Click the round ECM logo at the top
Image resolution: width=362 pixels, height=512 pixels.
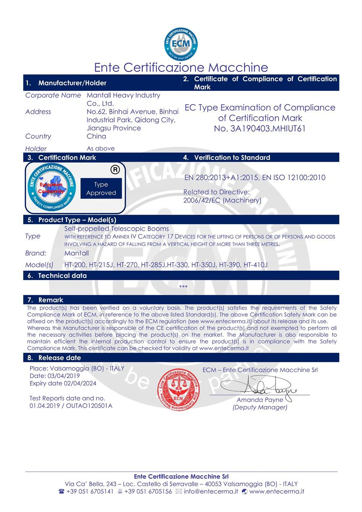pyautogui.click(x=181, y=44)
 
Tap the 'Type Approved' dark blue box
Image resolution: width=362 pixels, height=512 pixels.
pyautogui.click(x=101, y=189)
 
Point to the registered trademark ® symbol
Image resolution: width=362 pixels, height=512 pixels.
pyautogui.click(x=115, y=170)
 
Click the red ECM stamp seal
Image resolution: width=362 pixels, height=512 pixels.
pyautogui.click(x=178, y=390)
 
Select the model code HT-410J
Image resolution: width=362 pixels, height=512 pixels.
pyautogui.click(x=256, y=265)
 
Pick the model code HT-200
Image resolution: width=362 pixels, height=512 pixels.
pyautogui.click(x=75, y=265)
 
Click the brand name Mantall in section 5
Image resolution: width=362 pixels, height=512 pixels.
pyautogui.click(x=77, y=253)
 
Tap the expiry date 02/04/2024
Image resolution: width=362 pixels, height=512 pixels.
pyautogui.click(x=80, y=384)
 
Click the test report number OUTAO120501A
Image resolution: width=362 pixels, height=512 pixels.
pyautogui.click(x=89, y=406)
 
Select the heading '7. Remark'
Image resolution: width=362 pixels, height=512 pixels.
pyautogui.click(x=51, y=300)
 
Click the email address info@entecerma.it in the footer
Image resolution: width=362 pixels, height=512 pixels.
pyautogui.click(x=211, y=491)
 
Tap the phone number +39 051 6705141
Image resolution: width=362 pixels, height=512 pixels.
pyautogui.click(x=90, y=491)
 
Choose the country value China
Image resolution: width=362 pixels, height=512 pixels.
pyautogui.click(x=96, y=136)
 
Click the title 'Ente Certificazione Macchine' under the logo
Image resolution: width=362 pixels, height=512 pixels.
pyautogui.click(x=181, y=67)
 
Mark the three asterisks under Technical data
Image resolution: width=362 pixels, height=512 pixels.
pyautogui.click(x=183, y=287)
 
